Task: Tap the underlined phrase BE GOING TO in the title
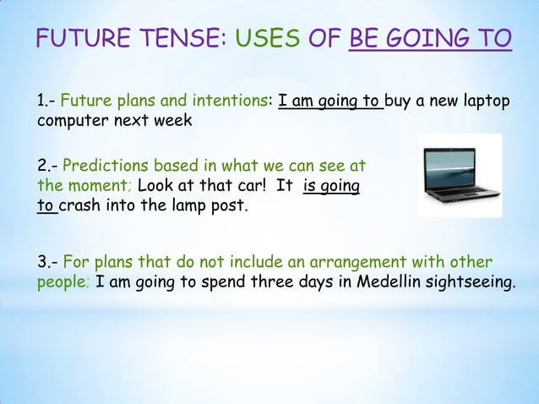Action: click(429, 39)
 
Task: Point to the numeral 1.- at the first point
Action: click(46, 102)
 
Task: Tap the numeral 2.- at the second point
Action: click(47, 165)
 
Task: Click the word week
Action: click(174, 121)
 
